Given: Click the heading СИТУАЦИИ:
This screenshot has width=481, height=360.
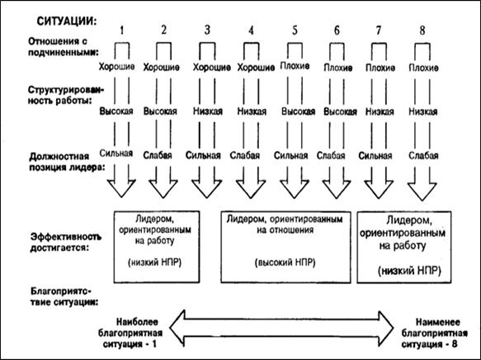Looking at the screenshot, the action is tap(66, 21).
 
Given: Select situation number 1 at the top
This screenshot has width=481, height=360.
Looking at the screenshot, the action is tap(122, 30).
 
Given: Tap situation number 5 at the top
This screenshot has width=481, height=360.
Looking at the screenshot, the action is tap(295, 30).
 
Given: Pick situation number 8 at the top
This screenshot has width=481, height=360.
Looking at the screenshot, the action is tap(422, 30).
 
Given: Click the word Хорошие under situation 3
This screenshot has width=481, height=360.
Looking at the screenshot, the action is tap(212, 67).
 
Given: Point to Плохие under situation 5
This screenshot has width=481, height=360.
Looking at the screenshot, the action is tap(295, 66).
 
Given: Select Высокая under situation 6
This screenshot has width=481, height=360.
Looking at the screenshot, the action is tap(340, 111).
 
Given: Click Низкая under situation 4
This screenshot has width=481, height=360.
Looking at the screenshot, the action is tap(252, 111).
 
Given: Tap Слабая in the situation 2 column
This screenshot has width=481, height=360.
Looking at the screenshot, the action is tap(158, 155).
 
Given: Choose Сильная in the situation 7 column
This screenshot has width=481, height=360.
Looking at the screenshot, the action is tap(375, 155).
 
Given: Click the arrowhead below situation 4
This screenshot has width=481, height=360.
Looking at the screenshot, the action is tap(251, 189).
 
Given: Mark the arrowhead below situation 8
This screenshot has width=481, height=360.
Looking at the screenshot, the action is tap(422, 192).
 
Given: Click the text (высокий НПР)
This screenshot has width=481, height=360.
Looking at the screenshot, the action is tap(285, 263).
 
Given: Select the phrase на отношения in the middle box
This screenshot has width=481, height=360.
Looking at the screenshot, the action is tap(285, 230).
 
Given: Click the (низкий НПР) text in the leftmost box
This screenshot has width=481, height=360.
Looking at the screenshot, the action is tap(154, 263).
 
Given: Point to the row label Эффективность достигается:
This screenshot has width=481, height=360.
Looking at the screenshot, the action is tap(65, 242).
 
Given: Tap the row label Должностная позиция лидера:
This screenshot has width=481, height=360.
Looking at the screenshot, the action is tap(67, 162).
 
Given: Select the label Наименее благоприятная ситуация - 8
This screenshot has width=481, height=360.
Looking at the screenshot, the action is tap(435, 333).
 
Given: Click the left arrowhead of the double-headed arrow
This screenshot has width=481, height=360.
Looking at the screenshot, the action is tap(178, 329).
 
